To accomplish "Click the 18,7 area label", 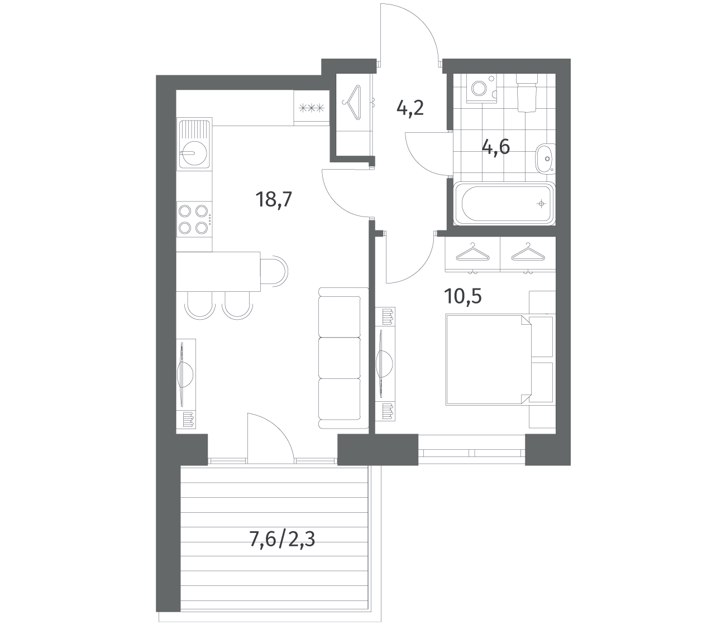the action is pyautogui.click(x=274, y=200).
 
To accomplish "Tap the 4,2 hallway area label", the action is pyautogui.click(x=410, y=108).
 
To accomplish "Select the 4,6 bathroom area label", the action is pyautogui.click(x=495, y=147).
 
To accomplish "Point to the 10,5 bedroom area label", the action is pyautogui.click(x=463, y=296).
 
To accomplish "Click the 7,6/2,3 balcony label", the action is pyautogui.click(x=282, y=539).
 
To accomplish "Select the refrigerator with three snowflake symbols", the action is pyautogui.click(x=311, y=108).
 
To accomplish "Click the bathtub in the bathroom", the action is pyautogui.click(x=504, y=204).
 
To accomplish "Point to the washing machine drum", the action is pyautogui.click(x=479, y=88).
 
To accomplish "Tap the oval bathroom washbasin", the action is pyautogui.click(x=544, y=158).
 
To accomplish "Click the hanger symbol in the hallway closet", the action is pyautogui.click(x=352, y=103).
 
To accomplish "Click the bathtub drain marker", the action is pyautogui.click(x=542, y=204).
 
